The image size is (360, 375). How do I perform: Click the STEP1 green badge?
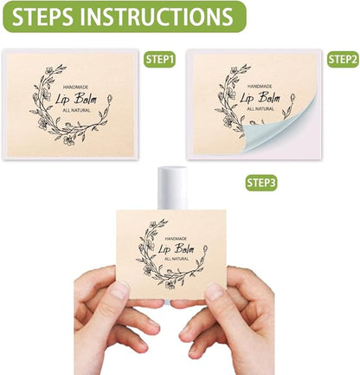(159, 60)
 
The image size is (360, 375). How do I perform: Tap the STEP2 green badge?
(343, 60)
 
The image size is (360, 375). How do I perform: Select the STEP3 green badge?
(261, 183)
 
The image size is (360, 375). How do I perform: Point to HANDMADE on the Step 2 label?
(263, 87)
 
